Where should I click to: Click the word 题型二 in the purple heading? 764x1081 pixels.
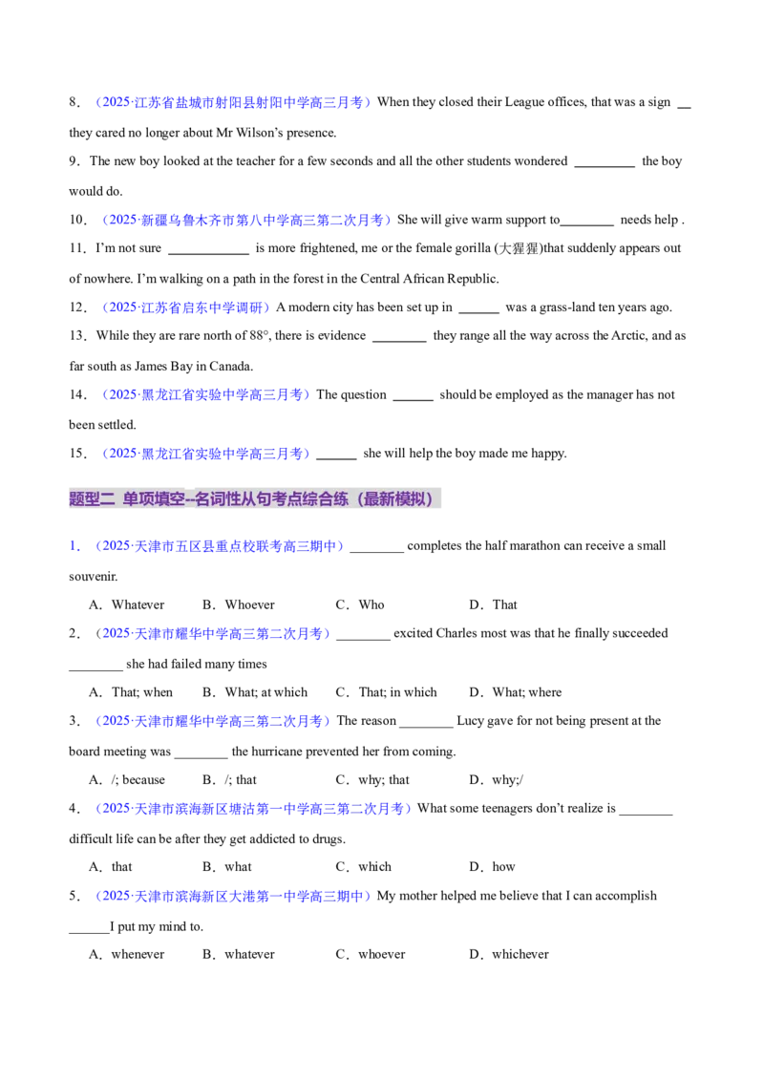pyautogui.click(x=92, y=498)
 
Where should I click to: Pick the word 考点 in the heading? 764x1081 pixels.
pyautogui.click(x=286, y=498)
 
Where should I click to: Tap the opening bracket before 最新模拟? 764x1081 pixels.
pyautogui.click(x=360, y=498)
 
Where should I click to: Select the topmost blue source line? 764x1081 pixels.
pyautogui.click(x=233, y=102)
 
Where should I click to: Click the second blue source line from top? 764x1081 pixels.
pyautogui.click(x=247, y=221)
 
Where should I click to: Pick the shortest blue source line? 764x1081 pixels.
pyautogui.click(x=187, y=307)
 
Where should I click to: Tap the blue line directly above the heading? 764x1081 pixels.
pyautogui.click(x=206, y=454)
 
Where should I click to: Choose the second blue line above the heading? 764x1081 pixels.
pyautogui.click(x=206, y=394)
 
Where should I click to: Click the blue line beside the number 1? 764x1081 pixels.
pyautogui.click(x=219, y=546)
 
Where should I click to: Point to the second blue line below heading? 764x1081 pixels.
pyautogui.click(x=215, y=633)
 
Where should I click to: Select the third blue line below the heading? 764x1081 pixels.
pyautogui.click(x=212, y=722)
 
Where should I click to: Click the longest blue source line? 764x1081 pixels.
pyautogui.click(x=253, y=809)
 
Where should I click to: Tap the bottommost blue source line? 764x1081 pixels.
pyautogui.click(x=233, y=897)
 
